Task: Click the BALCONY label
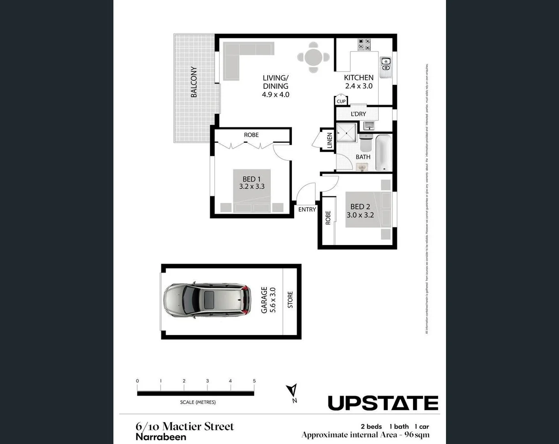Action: point(194,82)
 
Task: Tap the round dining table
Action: point(313,57)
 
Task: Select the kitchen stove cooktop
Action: point(364,44)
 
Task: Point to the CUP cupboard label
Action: point(341,101)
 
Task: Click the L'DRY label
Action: point(358,114)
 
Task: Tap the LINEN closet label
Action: point(329,140)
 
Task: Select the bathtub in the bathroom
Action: point(383,153)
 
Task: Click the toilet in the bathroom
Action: point(365,143)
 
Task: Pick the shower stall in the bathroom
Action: point(346,132)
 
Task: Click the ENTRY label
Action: point(307,209)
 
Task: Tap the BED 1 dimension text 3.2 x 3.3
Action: point(252,186)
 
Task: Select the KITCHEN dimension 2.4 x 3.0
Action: point(358,86)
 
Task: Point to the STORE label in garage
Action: point(290,300)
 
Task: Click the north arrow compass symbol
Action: point(292,392)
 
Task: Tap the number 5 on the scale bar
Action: point(254,381)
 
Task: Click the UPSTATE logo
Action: point(383,403)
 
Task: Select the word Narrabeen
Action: point(161,437)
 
